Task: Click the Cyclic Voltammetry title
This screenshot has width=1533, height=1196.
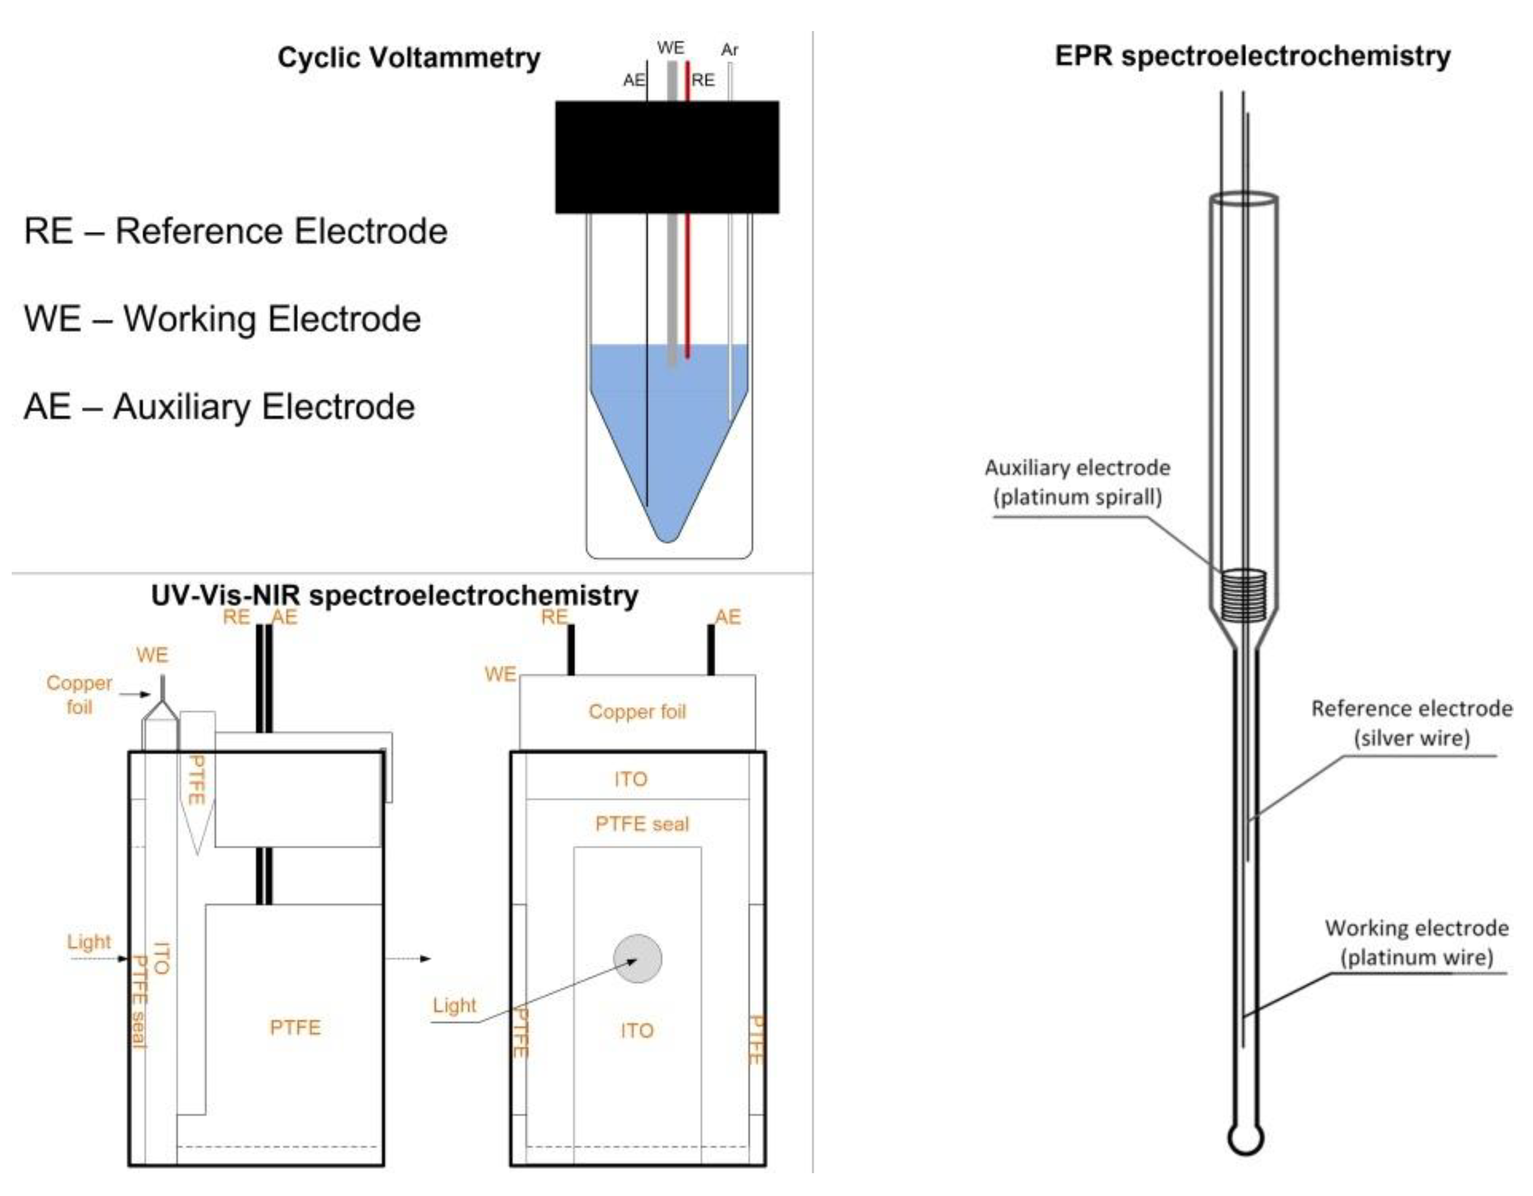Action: point(409,57)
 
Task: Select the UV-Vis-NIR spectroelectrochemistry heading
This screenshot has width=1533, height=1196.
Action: point(395,595)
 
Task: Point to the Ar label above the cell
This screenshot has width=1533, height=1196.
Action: point(729,50)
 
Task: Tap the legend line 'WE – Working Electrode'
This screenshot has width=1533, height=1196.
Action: point(222,318)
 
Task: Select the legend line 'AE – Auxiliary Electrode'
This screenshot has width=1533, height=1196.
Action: point(219,406)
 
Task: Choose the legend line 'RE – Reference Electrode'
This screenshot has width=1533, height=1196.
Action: point(236,231)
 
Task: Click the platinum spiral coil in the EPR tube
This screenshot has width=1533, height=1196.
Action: point(1243,595)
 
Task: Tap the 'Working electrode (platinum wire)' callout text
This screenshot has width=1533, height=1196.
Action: point(1416,942)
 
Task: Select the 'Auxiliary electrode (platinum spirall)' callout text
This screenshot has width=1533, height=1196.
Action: point(1078,482)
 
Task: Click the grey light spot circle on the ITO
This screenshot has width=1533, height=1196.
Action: point(637,959)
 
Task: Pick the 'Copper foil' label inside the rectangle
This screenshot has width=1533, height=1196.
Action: point(637,712)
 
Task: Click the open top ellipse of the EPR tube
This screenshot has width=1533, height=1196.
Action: point(1243,199)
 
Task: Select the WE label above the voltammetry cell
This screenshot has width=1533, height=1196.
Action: point(670,48)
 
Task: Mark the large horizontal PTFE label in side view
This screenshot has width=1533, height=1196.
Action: point(295,1027)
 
